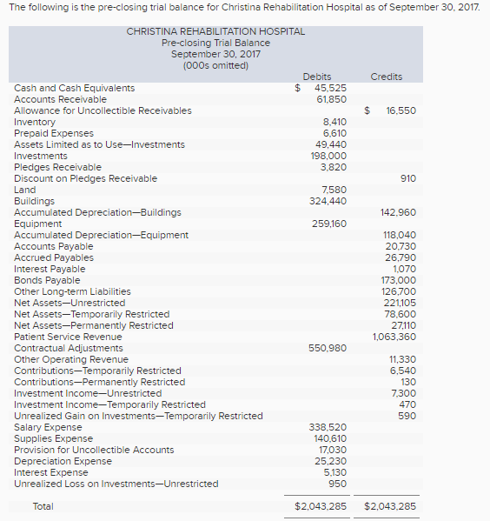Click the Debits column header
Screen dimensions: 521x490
317,77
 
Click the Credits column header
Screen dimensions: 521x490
386,77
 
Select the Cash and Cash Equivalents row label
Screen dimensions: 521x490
75,88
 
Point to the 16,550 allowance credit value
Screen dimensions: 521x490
401,110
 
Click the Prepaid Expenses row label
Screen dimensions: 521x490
54,133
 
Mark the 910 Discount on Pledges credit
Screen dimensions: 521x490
407,178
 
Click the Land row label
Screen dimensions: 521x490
25,190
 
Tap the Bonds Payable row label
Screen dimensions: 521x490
47,280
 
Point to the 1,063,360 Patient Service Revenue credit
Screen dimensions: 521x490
394,337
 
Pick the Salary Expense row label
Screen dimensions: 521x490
48,427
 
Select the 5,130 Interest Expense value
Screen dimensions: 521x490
334,472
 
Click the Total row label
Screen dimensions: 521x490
43,506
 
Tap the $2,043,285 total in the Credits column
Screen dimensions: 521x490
390,506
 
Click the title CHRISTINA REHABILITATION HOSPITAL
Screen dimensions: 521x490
215,31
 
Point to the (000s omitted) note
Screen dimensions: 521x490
215,65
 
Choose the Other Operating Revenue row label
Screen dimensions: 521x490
71,359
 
